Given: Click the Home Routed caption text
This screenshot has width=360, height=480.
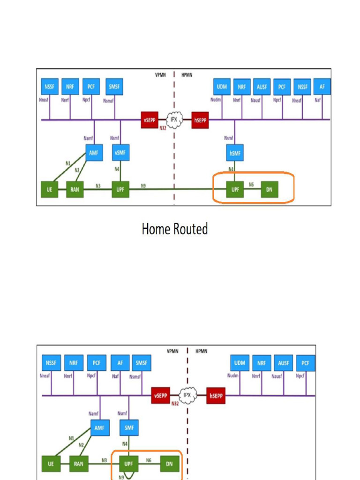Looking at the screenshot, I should [174, 229].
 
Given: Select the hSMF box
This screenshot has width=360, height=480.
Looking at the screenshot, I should [234, 153].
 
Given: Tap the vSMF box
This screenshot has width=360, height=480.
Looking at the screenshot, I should [120, 153].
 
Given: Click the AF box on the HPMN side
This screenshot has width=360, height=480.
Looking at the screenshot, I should [322, 87].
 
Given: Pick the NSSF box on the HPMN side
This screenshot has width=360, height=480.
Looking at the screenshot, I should [302, 87].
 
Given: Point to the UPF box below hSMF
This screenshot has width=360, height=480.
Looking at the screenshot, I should [234, 189].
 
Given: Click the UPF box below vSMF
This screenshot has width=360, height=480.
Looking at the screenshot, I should [120, 189].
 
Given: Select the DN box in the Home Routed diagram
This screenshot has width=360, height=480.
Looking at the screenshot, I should [269, 189].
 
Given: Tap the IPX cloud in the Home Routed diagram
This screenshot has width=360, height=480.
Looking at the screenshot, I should [173, 119].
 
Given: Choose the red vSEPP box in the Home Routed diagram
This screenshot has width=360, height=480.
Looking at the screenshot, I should [150, 120].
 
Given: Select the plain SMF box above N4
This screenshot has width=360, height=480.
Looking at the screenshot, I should [129, 427].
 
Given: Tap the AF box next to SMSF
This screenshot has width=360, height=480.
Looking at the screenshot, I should [120, 363].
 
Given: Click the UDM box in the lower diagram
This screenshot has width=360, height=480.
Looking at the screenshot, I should [240, 363].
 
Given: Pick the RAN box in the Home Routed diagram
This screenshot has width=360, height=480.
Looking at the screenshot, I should [75, 189].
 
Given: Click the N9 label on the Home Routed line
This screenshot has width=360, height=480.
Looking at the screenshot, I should [143, 186].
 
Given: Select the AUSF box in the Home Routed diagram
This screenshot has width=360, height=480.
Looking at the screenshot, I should [262, 87].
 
